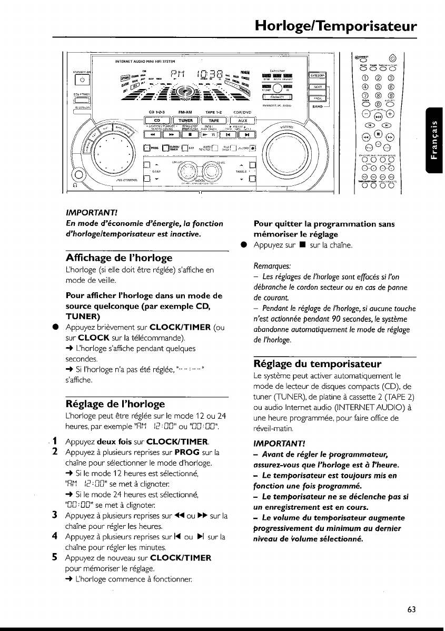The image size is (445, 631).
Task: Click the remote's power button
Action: pyautogui.click(x=392, y=59)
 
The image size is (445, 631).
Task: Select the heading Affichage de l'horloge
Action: pyautogui.click(x=119, y=259)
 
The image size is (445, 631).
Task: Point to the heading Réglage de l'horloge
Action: pyautogui.click(x=115, y=405)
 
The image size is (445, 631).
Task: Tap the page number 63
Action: pyautogui.click(x=411, y=609)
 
